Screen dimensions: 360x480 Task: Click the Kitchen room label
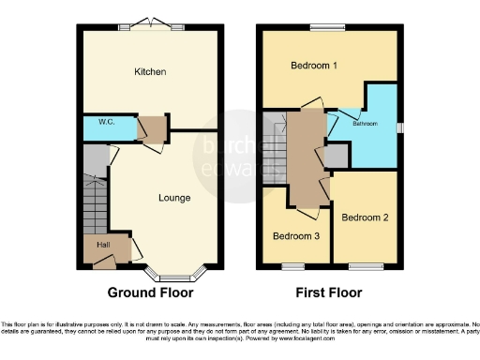[150, 71]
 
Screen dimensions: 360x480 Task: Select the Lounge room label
[175, 198]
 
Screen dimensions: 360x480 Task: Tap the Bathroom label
[365, 123]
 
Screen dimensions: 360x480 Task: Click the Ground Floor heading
[150, 292]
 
